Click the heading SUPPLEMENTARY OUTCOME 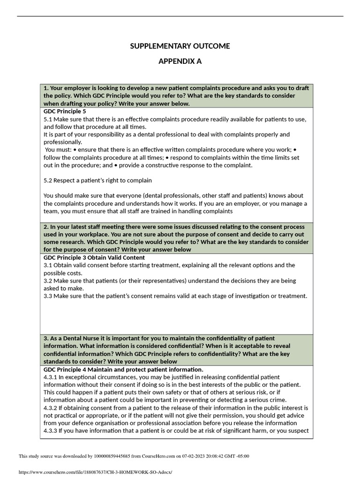(x=180, y=46)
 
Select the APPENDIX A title (x=180, y=61)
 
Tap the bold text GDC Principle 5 (x=65, y=112)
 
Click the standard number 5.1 (x=48, y=119)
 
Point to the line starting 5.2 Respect (x=97, y=180)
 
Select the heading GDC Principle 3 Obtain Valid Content (x=94, y=257)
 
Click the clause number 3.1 (x=48, y=265)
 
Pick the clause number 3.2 (x=48, y=281)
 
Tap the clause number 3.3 (x=48, y=296)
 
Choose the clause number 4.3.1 (x=50, y=377)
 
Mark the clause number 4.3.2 (x=50, y=408)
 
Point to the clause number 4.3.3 (x=50, y=431)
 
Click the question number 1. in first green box (x=46, y=88)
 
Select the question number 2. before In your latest (x=46, y=227)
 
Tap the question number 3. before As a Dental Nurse (x=46, y=338)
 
